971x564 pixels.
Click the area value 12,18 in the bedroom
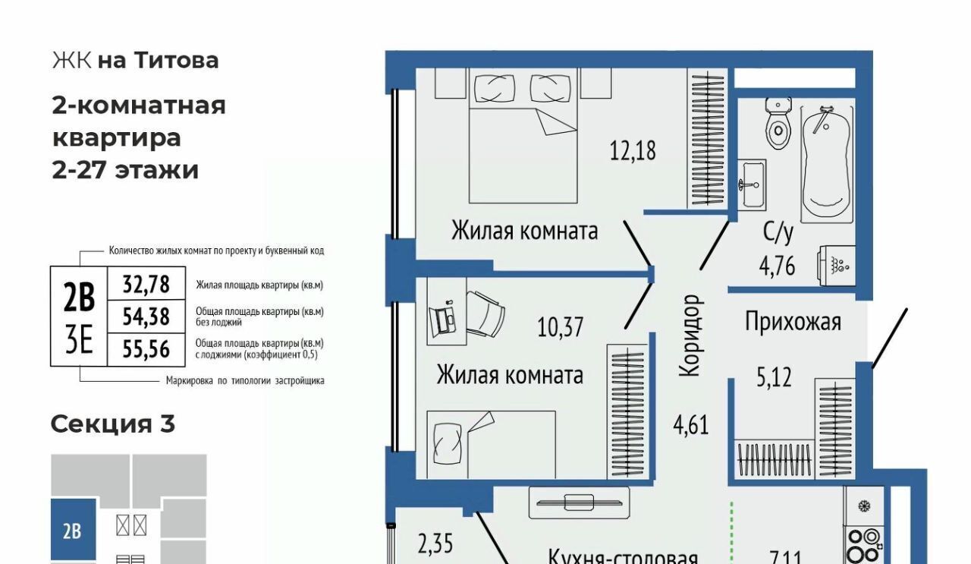[633, 151]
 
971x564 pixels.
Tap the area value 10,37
[560, 327]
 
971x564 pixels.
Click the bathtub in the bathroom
[827, 163]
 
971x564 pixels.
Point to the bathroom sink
[752, 184]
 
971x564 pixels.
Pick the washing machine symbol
[837, 265]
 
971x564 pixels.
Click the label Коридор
[689, 336]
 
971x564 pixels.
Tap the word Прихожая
[793, 322]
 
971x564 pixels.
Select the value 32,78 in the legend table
[146, 285]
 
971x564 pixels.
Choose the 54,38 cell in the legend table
[146, 317]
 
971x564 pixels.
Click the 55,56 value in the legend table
[146, 349]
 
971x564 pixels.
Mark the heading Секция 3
[113, 424]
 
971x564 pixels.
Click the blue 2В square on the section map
[74, 529]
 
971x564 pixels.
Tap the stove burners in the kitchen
[863, 545]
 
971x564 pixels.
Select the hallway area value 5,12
[774, 377]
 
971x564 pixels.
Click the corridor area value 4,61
[691, 425]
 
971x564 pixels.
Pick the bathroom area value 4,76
[777, 266]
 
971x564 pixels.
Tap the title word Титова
[176, 60]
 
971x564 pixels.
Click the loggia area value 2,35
[435, 544]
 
